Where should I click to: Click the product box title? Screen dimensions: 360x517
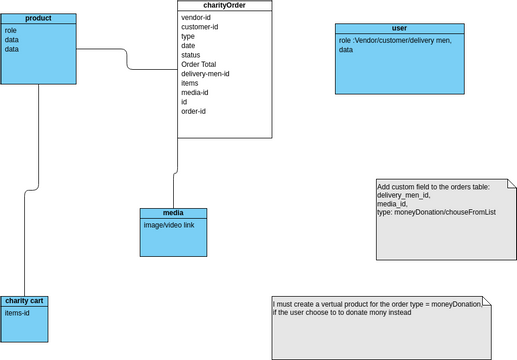38,18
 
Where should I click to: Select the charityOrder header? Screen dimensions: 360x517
224,6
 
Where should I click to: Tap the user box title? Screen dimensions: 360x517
399,29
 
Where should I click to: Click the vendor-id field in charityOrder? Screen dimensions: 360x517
196,18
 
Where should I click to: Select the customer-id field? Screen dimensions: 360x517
201,27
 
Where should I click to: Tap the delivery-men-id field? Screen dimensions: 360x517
206,73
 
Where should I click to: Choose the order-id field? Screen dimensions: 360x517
193,111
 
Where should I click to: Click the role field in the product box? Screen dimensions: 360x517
11,31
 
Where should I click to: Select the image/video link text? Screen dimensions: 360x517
169,225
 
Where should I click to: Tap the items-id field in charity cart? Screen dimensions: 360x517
17,313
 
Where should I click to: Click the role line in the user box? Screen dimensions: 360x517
395,40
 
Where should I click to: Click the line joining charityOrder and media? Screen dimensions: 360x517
175,170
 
